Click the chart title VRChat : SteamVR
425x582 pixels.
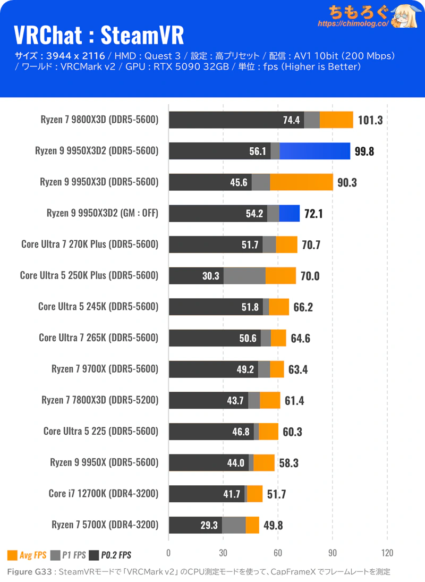(99, 35)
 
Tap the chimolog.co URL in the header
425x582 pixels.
(353, 23)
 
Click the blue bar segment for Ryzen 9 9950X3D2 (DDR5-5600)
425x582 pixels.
(315, 151)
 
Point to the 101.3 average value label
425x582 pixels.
(370, 120)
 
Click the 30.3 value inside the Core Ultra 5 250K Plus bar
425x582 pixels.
(211, 276)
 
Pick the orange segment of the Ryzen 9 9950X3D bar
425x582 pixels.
(302, 182)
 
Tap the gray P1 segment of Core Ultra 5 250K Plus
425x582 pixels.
(244, 276)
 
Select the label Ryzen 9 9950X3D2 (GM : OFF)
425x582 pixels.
(103, 213)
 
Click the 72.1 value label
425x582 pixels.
(313, 214)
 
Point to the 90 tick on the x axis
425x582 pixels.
(332, 553)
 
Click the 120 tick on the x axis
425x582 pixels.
(387, 553)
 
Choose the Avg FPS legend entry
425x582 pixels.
(27, 555)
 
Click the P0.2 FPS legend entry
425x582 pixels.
(110, 555)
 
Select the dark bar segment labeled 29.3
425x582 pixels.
(195, 525)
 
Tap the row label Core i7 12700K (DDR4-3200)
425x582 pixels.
(104, 493)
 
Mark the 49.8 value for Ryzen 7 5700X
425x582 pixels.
(273, 526)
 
